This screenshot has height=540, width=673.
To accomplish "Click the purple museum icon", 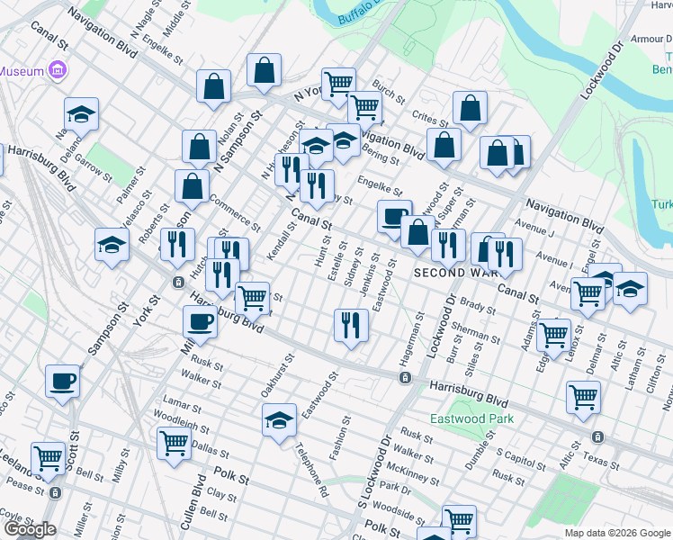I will [x=58, y=69].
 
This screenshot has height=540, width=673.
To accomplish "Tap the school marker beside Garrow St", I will [x=81, y=114].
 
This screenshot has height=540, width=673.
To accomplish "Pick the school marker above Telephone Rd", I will [x=280, y=419].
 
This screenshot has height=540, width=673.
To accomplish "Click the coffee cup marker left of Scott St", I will [x=62, y=381].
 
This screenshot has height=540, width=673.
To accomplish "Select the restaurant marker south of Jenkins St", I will [x=351, y=324].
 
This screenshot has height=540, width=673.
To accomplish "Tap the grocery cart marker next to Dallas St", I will [x=174, y=442].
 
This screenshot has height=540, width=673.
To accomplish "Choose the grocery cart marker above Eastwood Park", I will [x=583, y=396].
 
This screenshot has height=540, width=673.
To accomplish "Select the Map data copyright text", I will [x=617, y=533].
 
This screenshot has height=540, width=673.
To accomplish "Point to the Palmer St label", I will [x=125, y=184].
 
